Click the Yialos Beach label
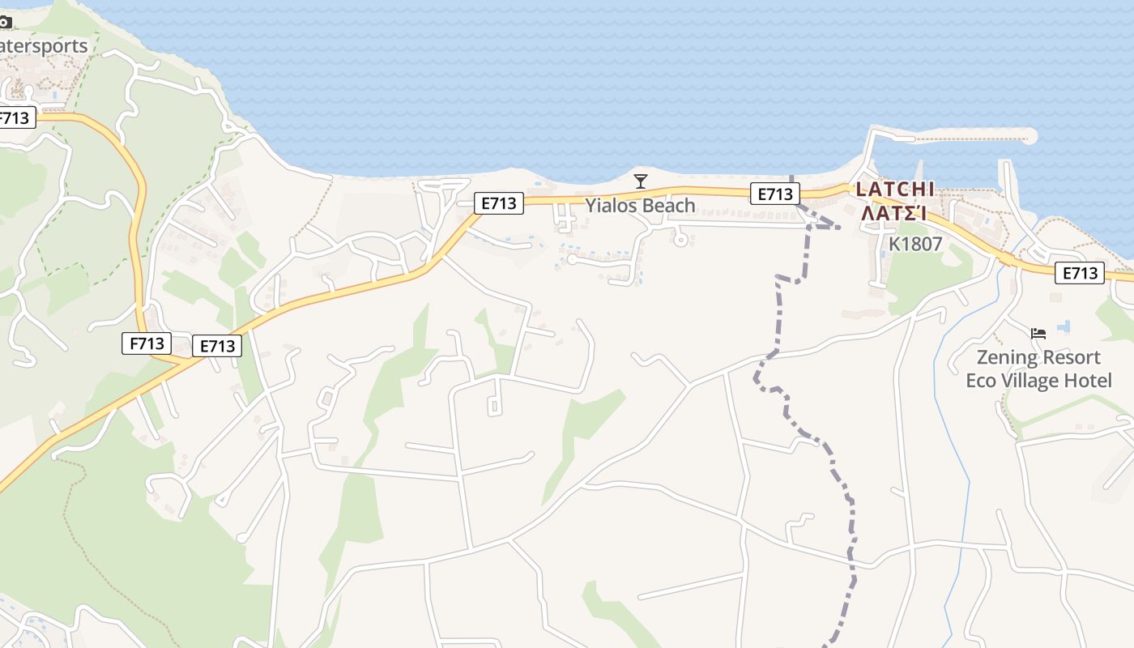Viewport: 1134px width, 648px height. pyautogui.click(x=641, y=206)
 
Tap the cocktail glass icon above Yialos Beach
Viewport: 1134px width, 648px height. pyautogui.click(x=641, y=181)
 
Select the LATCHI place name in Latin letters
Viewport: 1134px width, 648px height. pyautogui.click(x=895, y=190)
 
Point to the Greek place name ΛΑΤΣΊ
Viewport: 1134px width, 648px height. pyautogui.click(x=893, y=214)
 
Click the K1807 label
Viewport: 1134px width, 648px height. pyautogui.click(x=915, y=243)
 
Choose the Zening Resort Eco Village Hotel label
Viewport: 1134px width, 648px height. pyautogui.click(x=1038, y=369)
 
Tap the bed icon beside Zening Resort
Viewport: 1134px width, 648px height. pyautogui.click(x=1038, y=333)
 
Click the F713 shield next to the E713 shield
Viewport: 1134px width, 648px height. pyautogui.click(x=147, y=343)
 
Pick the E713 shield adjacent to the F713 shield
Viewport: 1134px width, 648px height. pyautogui.click(x=217, y=347)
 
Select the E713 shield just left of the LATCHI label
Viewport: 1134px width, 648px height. pyautogui.click(x=774, y=194)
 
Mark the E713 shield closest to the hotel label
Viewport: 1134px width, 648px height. pyautogui.click(x=1080, y=273)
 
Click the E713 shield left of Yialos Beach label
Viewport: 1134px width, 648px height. pyautogui.click(x=498, y=203)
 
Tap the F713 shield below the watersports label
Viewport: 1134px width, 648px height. pyautogui.click(x=15, y=118)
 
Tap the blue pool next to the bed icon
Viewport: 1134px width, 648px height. pyautogui.click(x=1064, y=326)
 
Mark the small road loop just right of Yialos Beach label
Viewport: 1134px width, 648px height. pyautogui.click(x=681, y=239)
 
